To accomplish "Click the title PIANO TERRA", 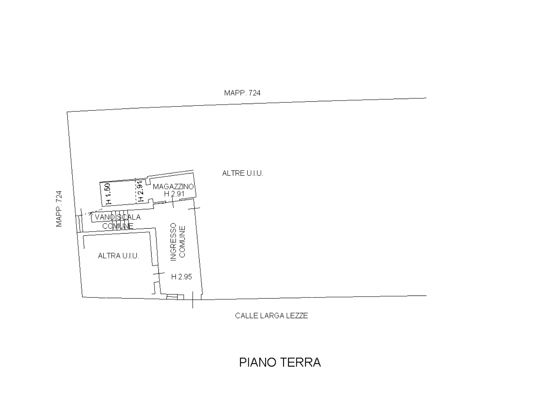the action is [280, 363].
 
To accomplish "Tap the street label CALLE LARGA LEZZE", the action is [271, 316].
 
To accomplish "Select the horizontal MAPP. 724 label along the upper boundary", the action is [242, 93].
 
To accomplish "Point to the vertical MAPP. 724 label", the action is [59, 209].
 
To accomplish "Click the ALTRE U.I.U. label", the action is [243, 173].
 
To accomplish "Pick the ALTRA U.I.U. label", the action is [118, 256].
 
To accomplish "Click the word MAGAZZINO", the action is [173, 187].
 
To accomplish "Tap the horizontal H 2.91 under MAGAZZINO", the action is [174, 194].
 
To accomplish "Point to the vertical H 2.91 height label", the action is [141, 191].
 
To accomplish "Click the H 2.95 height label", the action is [181, 277].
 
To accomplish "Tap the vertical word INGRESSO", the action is [174, 242].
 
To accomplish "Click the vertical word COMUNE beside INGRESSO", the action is [182, 241].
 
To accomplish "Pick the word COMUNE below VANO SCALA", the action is [118, 226].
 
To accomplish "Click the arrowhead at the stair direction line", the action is [91, 213].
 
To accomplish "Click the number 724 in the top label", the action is [254, 93].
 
